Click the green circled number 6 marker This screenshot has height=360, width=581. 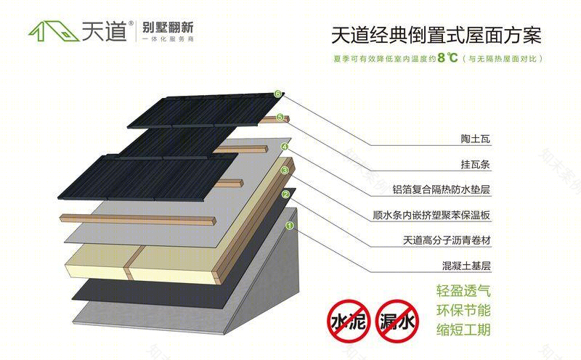[x=278, y=94]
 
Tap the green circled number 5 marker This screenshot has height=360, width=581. [x=280, y=118]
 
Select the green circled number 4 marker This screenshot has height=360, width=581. [x=285, y=147]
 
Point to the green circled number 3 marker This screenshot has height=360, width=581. [x=285, y=171]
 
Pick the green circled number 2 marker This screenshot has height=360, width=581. [x=285, y=195]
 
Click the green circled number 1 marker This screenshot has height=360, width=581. [x=290, y=225]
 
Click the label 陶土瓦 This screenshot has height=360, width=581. [x=476, y=139]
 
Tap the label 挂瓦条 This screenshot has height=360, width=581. [x=476, y=164]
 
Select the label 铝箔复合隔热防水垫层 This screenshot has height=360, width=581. [x=442, y=189]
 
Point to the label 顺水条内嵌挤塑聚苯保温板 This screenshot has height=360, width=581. [x=431, y=215]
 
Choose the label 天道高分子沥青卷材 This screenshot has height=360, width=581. [x=447, y=240]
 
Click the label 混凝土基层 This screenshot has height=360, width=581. [x=466, y=266]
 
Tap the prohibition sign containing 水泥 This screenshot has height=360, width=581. [x=349, y=321]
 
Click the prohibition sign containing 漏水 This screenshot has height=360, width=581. [x=397, y=321]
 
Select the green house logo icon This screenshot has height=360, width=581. [x=54, y=30]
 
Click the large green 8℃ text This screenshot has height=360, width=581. [x=447, y=58]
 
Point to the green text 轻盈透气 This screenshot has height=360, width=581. [x=463, y=291]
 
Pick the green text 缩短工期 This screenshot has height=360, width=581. [x=463, y=330]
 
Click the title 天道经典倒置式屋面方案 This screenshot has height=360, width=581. [x=436, y=35]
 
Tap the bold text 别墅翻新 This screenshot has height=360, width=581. [x=168, y=27]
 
